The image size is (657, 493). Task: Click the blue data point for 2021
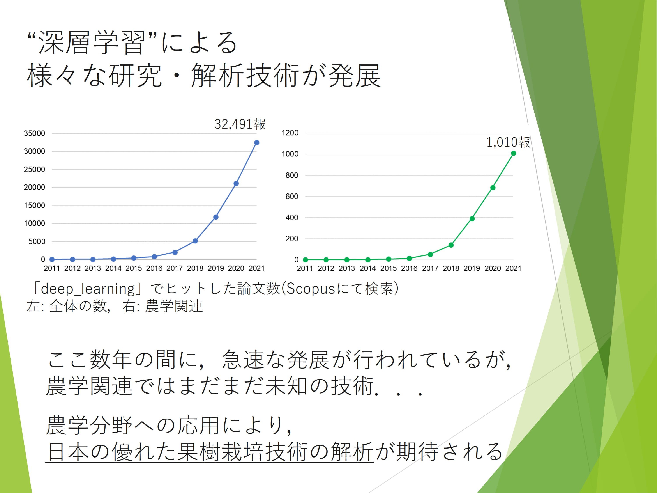click(257, 143)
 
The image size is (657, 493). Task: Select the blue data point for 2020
click(236, 184)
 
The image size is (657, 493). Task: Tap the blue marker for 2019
click(216, 217)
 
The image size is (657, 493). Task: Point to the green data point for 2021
click(514, 153)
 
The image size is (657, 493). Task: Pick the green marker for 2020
click(493, 188)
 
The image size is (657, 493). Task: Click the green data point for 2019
click(472, 219)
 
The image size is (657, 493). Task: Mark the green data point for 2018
click(451, 245)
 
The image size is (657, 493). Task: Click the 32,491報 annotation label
click(240, 124)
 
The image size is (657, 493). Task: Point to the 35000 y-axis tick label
click(34, 133)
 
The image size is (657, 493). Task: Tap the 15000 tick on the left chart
click(34, 206)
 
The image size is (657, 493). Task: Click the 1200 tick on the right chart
click(290, 133)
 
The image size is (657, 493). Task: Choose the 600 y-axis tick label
click(292, 196)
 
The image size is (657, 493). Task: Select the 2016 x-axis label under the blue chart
click(154, 268)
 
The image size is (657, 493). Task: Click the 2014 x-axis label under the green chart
click(368, 268)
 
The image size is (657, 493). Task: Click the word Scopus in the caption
click(311, 289)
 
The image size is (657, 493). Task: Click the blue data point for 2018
click(195, 241)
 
